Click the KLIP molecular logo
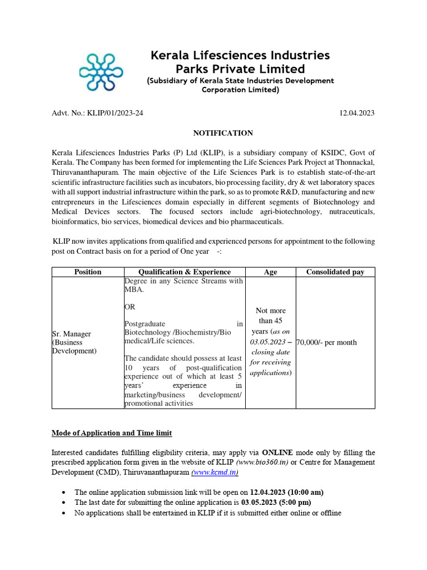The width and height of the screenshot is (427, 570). coord(101,72)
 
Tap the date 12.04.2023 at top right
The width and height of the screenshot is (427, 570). coord(357,113)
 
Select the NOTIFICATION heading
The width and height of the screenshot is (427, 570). coord(223,133)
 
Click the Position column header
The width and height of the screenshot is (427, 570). coord(88,272)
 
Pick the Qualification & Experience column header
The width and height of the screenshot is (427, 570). coord(185,272)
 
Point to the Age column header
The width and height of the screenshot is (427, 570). coord(270,272)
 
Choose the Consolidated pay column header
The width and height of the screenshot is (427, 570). coord(335,272)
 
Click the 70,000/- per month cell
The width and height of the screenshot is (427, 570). coord(326,342)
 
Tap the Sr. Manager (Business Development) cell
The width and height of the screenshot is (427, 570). coord(74,342)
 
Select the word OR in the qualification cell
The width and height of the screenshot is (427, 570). coord(130,307)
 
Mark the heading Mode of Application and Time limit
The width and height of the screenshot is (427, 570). coord(112,433)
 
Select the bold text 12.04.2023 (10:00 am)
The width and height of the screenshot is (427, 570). coord(286,493)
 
